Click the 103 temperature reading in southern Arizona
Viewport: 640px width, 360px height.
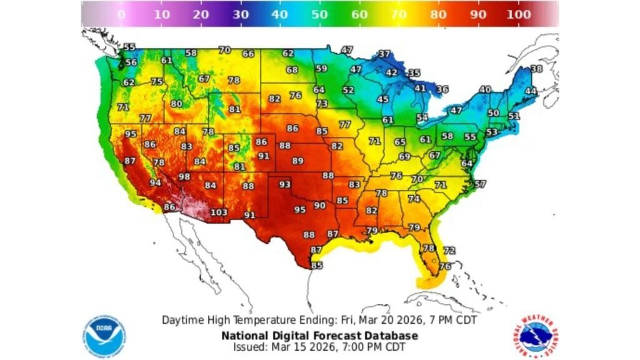pos(219,212)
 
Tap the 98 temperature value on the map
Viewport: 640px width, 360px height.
pos(184,177)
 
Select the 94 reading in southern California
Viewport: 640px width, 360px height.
pos(155,183)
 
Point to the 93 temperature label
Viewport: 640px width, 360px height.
pos(285,184)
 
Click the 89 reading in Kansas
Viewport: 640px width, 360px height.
pos(298,161)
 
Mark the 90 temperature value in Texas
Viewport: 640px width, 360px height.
pos(320,205)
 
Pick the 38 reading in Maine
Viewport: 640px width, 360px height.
pos(536,69)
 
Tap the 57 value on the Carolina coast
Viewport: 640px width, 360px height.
pos(480,184)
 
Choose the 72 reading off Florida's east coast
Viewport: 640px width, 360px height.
pos(449,250)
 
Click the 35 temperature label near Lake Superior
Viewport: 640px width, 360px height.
pos(414,73)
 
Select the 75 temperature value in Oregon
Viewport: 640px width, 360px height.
pos(156,82)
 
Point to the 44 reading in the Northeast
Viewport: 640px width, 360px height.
pos(531,91)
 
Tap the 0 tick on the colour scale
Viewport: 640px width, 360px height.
pos(121,14)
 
